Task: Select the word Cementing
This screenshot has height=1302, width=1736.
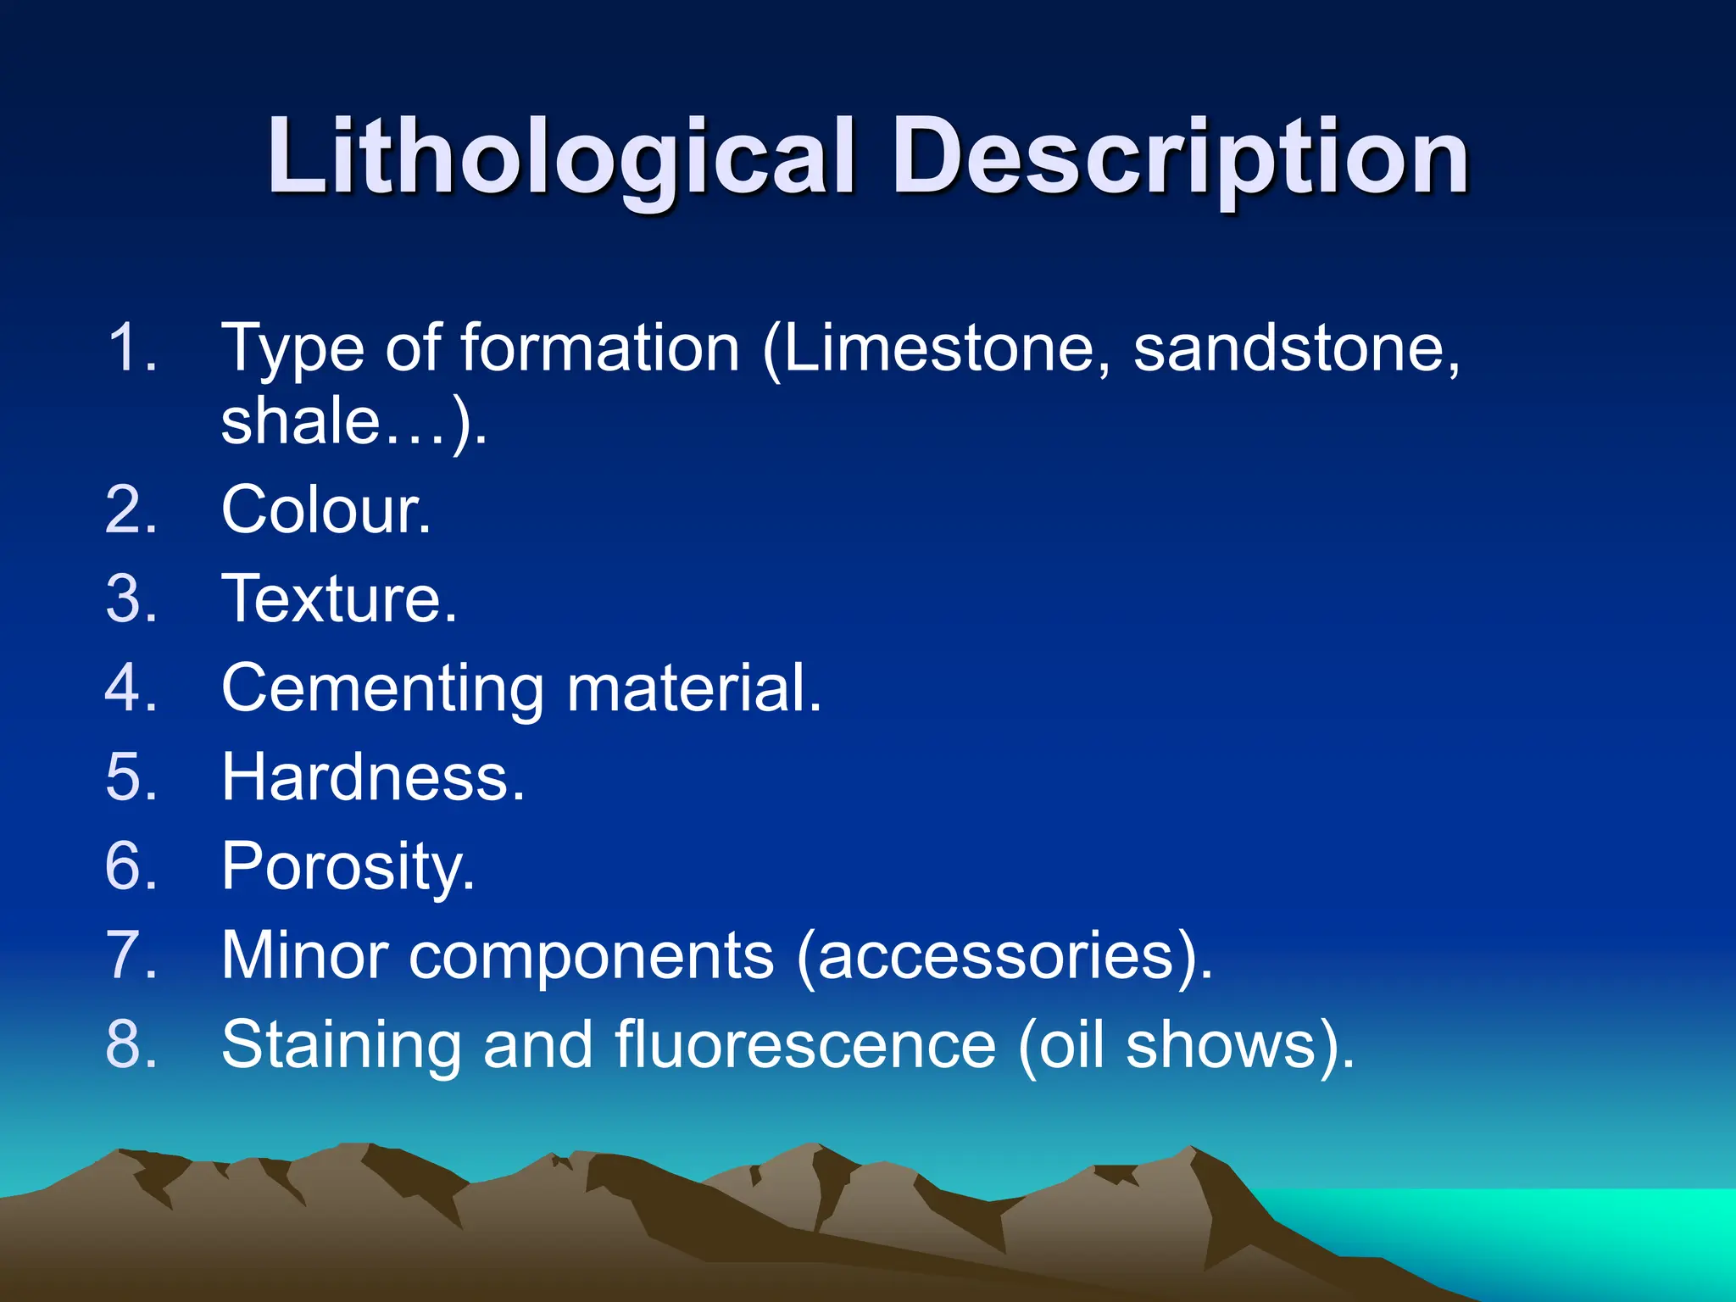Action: tap(382, 687)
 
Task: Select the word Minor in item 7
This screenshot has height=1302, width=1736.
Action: tap(305, 955)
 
